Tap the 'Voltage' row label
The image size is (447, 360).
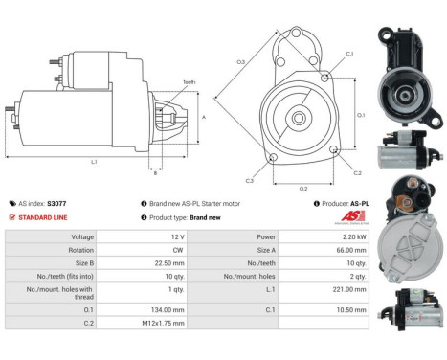click(x=82, y=236)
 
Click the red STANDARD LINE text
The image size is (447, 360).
click(x=44, y=217)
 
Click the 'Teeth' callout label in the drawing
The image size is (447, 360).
click(x=188, y=82)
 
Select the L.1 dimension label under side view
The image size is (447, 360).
click(x=93, y=162)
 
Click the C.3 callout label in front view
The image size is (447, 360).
click(x=249, y=180)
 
